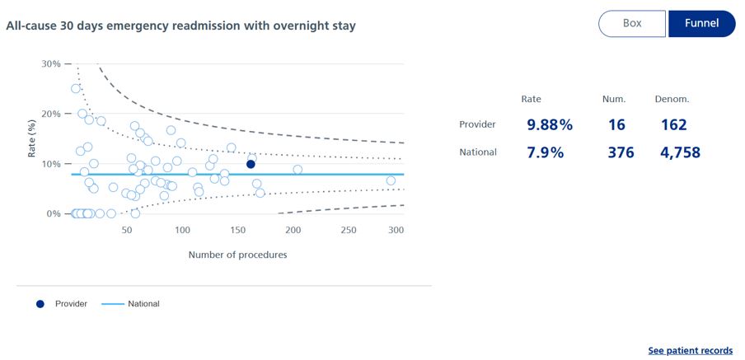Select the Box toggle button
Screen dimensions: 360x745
tap(632, 24)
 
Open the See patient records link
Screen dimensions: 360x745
tap(690, 351)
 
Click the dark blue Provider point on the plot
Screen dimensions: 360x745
tap(251, 164)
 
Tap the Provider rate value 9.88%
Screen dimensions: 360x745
tap(550, 125)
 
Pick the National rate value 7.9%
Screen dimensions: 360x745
tap(544, 152)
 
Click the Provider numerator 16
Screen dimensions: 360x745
tap(616, 125)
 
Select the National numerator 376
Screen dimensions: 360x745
tap(618, 152)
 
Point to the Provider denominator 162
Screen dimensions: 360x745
tap(673, 125)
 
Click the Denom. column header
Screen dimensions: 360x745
tap(672, 100)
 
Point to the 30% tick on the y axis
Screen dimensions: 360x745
tap(51, 63)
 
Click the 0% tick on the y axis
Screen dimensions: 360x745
tap(54, 213)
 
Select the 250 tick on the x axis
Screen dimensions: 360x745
tap(349, 230)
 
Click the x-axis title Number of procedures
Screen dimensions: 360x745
tap(237, 255)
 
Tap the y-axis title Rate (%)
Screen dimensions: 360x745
tap(31, 138)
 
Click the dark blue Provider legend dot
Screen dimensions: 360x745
tap(40, 304)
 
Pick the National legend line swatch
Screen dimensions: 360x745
tap(112, 304)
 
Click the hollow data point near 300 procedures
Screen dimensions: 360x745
tap(391, 180)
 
